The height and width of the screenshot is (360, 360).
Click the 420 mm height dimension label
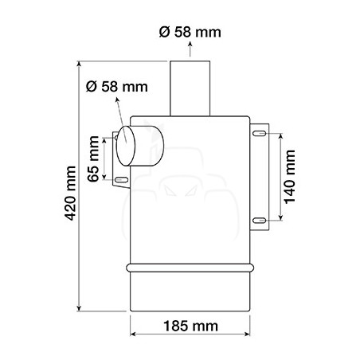coord(70,194)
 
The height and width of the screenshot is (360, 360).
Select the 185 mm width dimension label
coord(190,326)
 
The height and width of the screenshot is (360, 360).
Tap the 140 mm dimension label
coord(290,177)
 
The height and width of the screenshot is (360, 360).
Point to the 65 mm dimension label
coord(93,158)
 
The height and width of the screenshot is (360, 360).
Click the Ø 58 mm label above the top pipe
coord(190,32)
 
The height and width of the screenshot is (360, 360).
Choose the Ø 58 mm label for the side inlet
coord(117,87)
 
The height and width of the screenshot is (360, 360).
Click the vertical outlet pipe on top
coord(190,88)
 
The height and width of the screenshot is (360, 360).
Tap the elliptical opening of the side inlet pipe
coord(126,146)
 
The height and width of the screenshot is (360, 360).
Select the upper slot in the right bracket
coord(259,133)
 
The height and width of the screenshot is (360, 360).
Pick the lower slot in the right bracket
coord(259,221)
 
